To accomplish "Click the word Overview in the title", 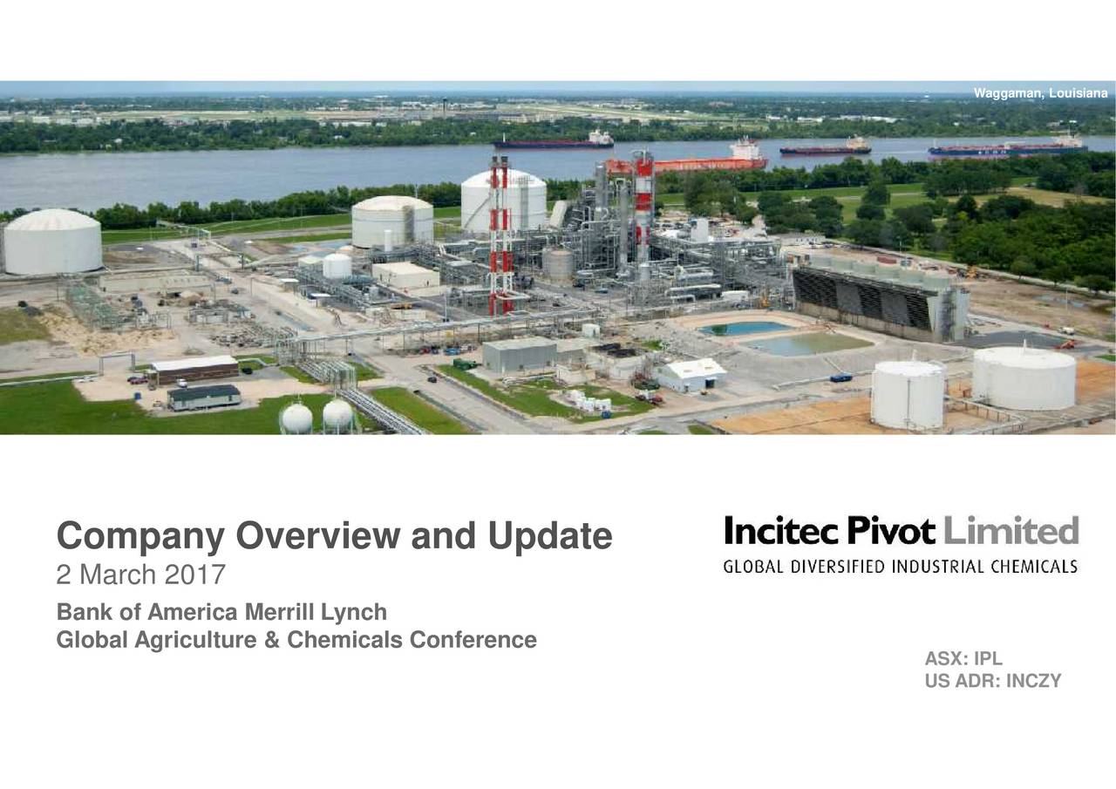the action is pos(318,536).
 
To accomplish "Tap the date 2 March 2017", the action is pos(141,575).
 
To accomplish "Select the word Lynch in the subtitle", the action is pos(354,613).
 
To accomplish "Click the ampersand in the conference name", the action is pos(272,640).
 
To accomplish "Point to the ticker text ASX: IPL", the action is pos(963,658).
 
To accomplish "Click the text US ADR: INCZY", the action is pos(993,681).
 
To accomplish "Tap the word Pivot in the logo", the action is pos(890,530).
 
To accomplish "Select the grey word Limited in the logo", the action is pos(1011,530).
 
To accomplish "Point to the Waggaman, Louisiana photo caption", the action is pos(1041,93).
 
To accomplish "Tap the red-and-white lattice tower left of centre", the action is pos(500,236).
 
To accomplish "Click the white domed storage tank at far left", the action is pos(52,241).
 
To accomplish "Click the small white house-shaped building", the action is pos(691,376).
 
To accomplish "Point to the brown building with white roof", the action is pos(194,369).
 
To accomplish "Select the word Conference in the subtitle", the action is pos(473,640).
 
